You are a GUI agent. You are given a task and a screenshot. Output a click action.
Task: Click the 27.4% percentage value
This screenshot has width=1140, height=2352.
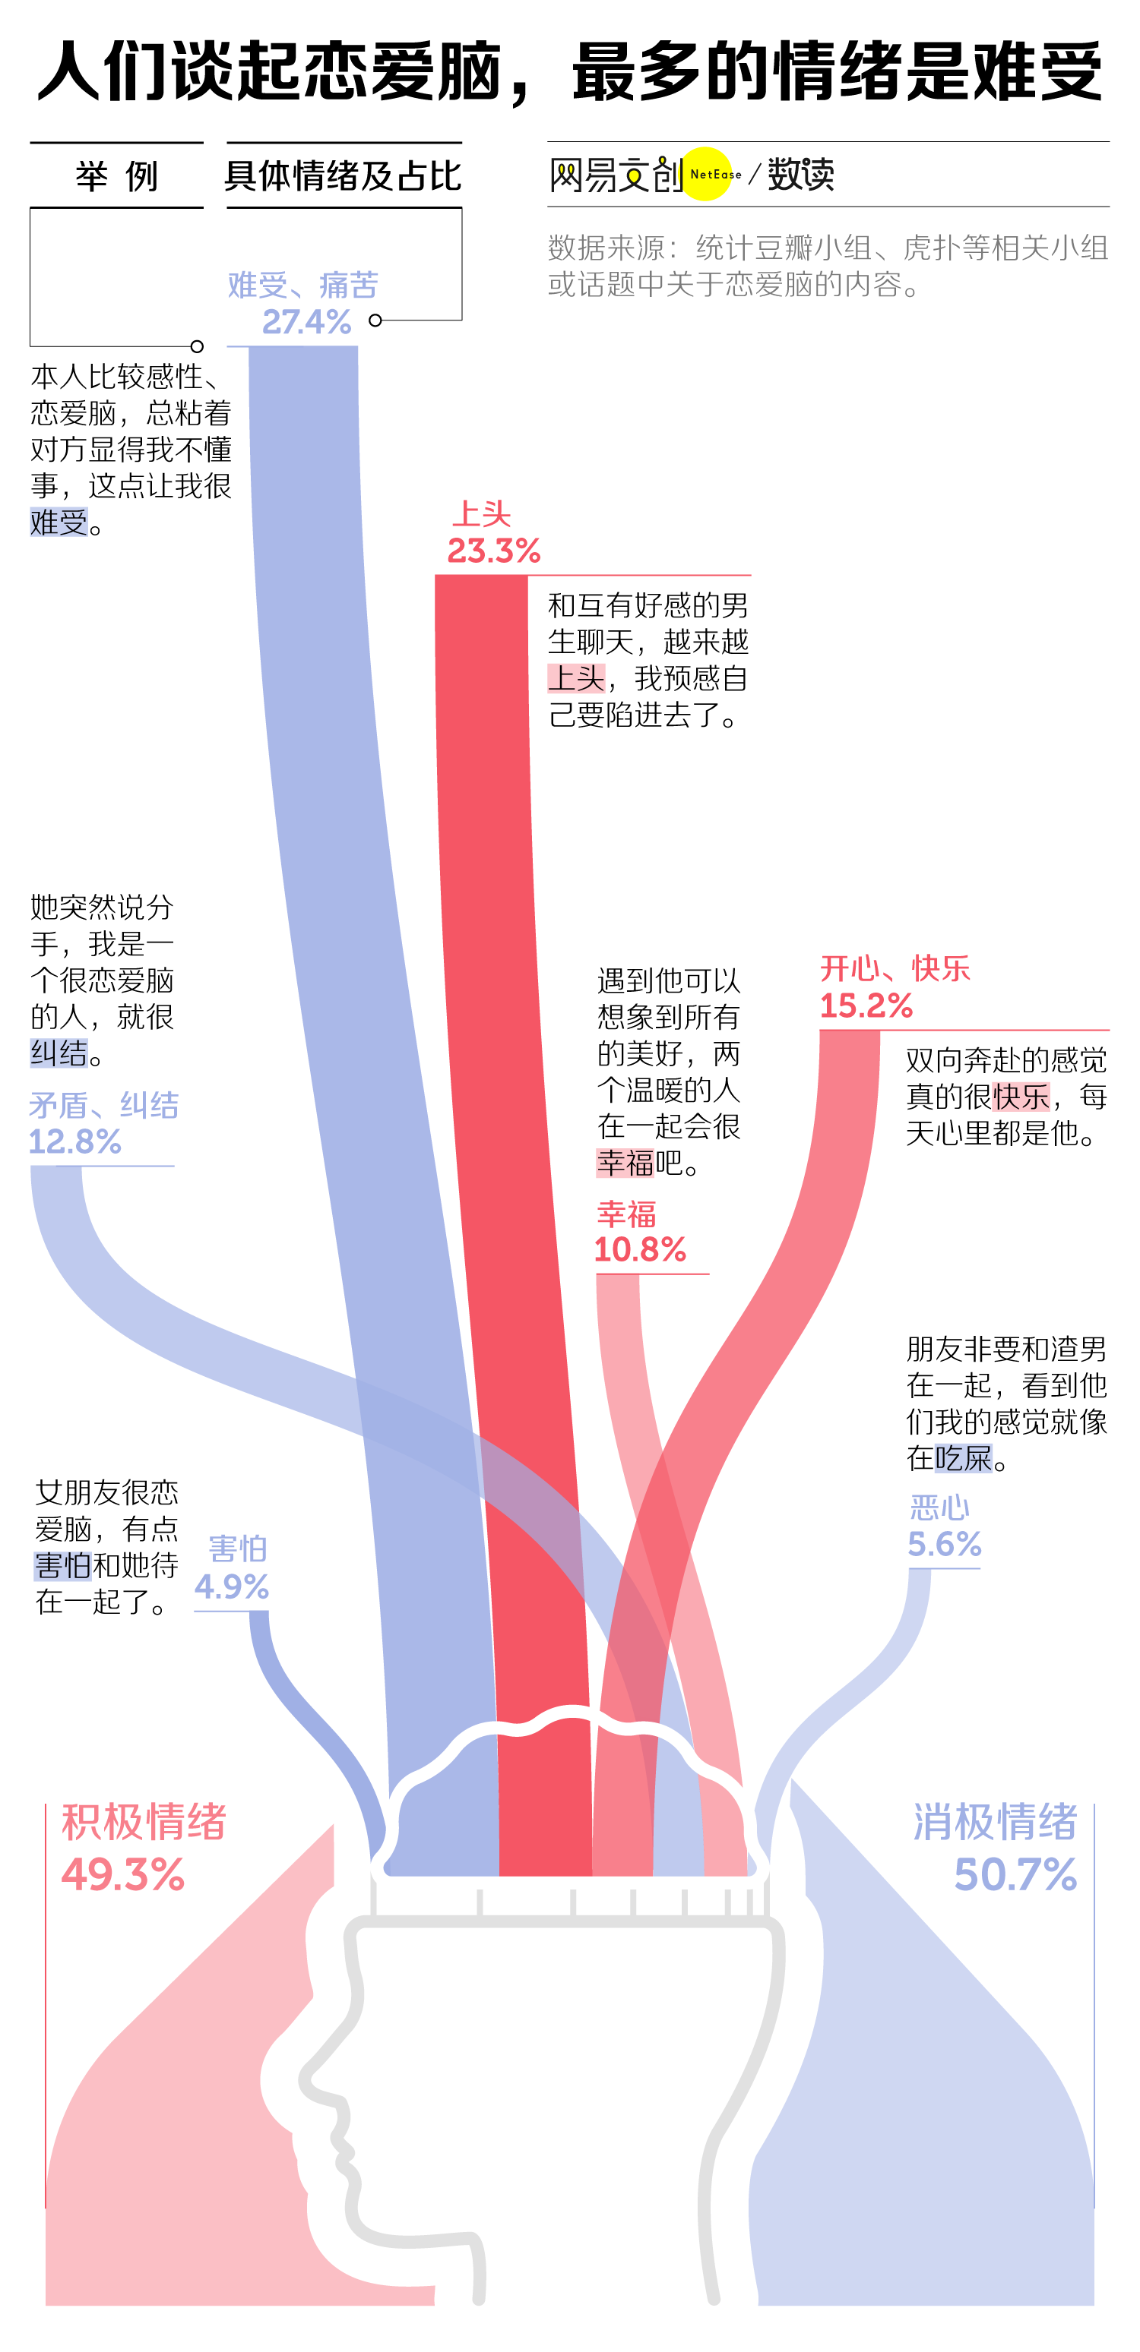[x=306, y=321]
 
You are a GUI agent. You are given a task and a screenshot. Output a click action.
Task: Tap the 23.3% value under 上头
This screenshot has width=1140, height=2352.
[x=493, y=551]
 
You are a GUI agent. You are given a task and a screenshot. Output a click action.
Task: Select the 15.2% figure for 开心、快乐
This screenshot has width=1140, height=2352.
[x=865, y=1006]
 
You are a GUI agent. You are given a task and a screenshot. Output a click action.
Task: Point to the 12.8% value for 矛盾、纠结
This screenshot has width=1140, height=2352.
[x=75, y=1141]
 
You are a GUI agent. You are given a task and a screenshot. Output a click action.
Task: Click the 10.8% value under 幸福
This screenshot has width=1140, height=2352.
[x=639, y=1249]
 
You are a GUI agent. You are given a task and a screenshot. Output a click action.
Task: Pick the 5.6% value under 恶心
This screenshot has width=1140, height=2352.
[x=944, y=1544]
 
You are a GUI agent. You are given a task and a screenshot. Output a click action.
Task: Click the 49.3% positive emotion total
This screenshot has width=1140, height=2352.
[x=123, y=1874]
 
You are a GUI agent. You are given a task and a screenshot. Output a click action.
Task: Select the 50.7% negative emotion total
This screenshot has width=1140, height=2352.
[x=1015, y=1874]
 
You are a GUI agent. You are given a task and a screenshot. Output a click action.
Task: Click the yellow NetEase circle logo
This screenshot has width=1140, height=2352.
[x=707, y=173]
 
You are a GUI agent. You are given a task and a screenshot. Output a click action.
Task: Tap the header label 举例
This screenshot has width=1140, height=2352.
[x=116, y=175]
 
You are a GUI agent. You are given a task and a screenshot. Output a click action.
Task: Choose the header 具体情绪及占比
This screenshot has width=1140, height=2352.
[x=344, y=175]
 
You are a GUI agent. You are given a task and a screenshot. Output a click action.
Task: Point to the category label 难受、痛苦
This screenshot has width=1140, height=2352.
[x=302, y=285]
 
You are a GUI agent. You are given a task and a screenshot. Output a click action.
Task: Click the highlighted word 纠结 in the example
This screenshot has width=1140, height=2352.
[x=59, y=1053]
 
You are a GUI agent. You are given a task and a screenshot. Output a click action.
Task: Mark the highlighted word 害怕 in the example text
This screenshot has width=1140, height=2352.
[x=63, y=1565]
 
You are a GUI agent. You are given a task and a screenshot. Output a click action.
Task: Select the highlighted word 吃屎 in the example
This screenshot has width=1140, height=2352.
[x=963, y=1457]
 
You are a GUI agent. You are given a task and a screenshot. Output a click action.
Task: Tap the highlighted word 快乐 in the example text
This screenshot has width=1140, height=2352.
[x=1021, y=1096]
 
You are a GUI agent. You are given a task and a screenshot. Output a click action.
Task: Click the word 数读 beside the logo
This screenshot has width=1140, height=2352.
[x=800, y=173]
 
